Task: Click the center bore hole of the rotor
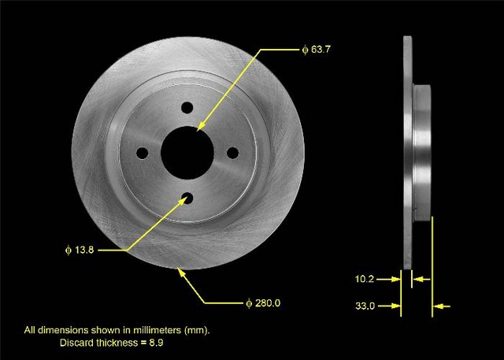[x=187, y=153]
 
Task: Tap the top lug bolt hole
[x=187, y=108]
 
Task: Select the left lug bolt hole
[x=142, y=153]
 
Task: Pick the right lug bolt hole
[x=233, y=153]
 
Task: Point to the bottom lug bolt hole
[x=187, y=198]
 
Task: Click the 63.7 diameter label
[x=317, y=50]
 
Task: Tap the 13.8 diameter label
[x=80, y=250]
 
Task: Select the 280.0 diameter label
[x=263, y=303]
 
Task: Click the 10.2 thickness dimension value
[x=365, y=279]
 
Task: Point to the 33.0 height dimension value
[x=365, y=306]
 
